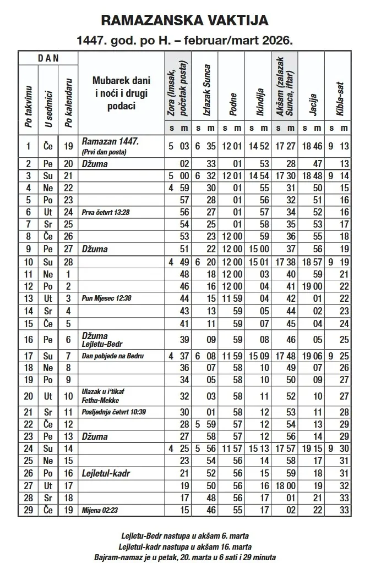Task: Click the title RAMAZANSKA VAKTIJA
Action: (x=185, y=21)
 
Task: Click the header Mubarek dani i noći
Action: (x=121, y=93)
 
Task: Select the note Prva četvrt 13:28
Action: (x=109, y=212)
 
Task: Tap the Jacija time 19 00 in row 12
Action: (x=312, y=286)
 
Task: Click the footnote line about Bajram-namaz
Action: (x=186, y=557)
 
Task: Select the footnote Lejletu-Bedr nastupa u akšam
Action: (x=186, y=535)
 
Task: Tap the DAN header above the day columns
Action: (x=48, y=57)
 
